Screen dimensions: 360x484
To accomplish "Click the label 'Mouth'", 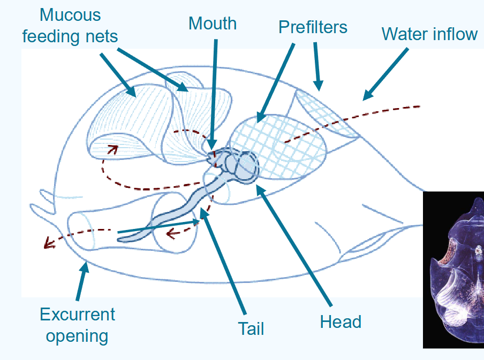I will pos(213,24).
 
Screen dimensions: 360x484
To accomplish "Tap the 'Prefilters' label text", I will pos(313,27).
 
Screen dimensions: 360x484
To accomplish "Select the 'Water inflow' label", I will pos(429,34).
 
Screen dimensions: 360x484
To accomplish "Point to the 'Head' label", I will pos(341,321).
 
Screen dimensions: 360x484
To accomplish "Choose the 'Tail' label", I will pos(251,328).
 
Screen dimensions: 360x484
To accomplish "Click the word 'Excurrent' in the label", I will pos(78,314).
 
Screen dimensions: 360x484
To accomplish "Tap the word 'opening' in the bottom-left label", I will pos(77,336).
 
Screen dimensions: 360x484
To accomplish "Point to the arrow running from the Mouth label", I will pos(215,91).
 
